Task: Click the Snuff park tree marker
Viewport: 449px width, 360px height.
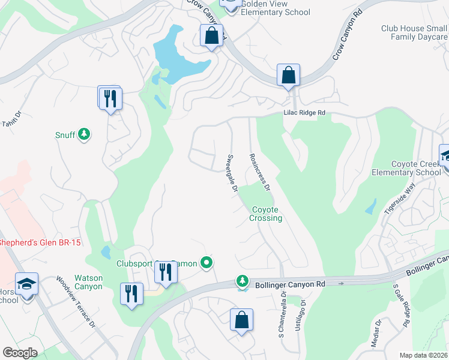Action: (85, 134)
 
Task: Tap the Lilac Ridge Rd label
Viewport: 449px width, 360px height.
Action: (304, 113)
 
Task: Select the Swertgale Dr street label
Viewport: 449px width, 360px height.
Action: (233, 174)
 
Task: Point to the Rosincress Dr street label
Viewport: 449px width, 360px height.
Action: (260, 172)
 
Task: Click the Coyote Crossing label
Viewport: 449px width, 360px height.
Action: (265, 214)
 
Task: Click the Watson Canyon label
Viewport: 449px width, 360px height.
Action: (88, 282)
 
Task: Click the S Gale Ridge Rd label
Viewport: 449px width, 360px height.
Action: (402, 305)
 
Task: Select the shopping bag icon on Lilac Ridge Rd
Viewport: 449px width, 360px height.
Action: (288, 76)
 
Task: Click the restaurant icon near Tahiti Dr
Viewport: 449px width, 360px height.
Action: (110, 98)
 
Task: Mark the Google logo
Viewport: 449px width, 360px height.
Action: (20, 352)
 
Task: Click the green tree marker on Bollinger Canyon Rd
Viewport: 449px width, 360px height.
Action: (243, 280)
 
